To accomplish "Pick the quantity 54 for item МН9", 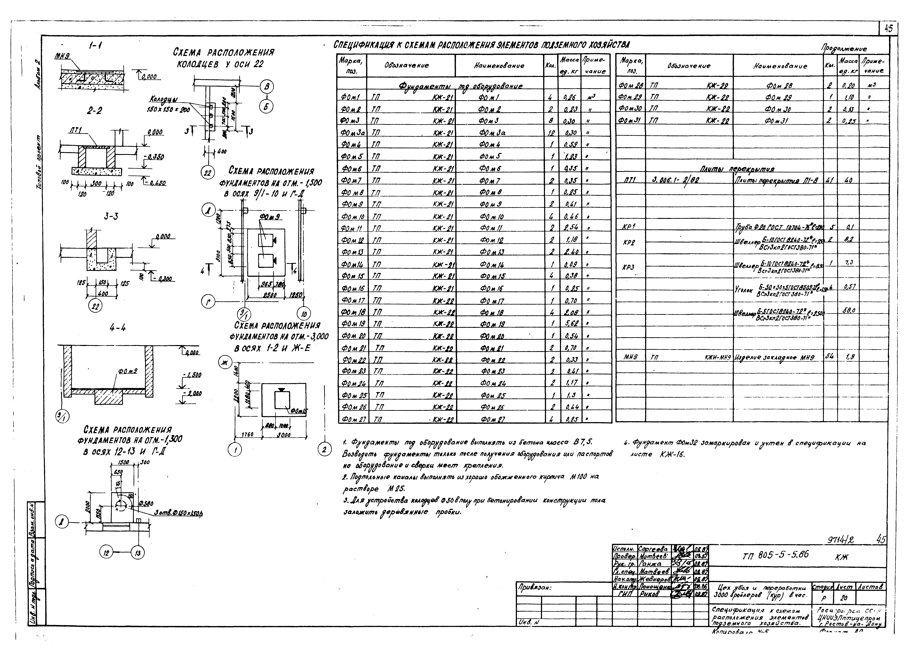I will (x=831, y=356).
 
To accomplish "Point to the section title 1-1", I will (x=95, y=47).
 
